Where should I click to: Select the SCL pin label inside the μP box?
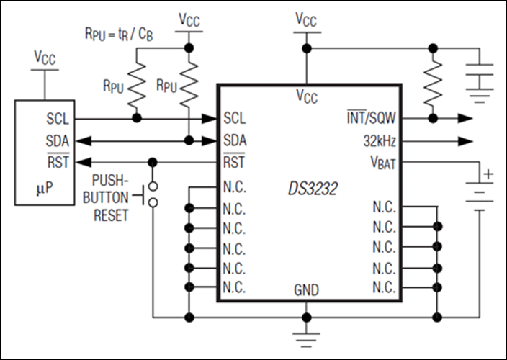click(57, 117)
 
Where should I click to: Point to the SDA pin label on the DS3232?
click(235, 139)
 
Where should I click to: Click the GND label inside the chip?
click(307, 291)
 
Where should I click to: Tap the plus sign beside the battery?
click(489, 174)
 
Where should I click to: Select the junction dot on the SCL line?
click(135, 117)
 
